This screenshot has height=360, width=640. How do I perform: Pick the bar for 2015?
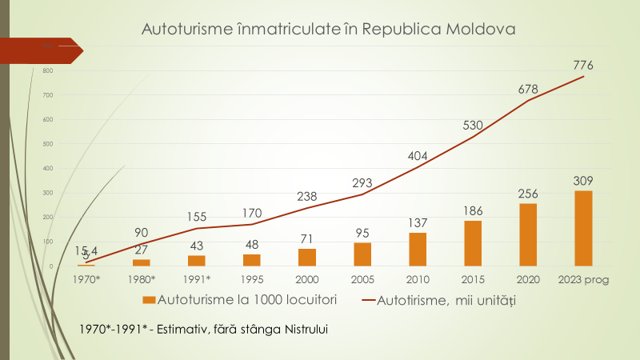[472, 243]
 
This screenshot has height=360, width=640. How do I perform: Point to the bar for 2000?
[306, 257]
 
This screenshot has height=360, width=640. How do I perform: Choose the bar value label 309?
[582, 181]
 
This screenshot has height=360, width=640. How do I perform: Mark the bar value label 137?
[417, 222]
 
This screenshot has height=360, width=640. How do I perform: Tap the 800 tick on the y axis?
[47, 71]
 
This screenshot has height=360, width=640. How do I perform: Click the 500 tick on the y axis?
[47, 144]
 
